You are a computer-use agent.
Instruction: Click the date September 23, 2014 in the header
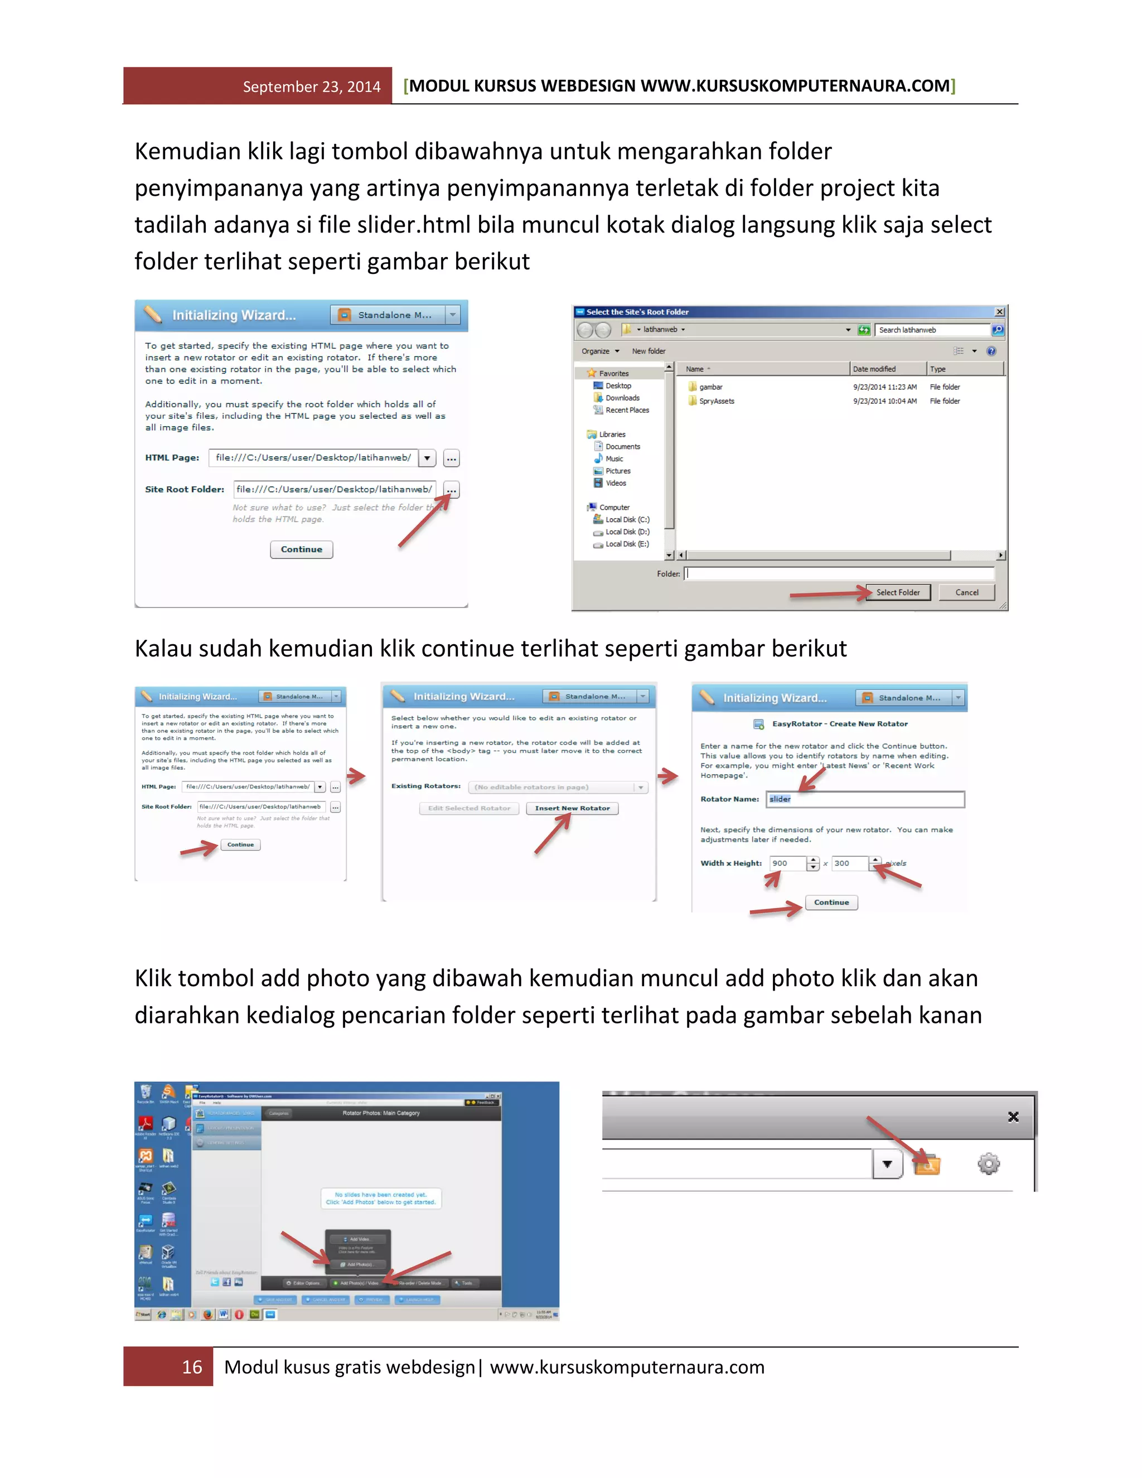point(311,86)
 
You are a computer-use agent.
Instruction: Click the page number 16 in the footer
point(192,1367)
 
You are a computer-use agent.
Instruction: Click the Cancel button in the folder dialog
point(966,592)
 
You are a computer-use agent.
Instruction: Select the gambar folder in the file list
point(710,387)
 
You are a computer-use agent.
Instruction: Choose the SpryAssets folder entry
point(716,402)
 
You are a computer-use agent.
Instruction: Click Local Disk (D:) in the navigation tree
point(626,532)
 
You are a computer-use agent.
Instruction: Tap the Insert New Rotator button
point(572,808)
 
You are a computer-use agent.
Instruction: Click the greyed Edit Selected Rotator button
point(469,808)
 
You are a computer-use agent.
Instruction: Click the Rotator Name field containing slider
point(865,799)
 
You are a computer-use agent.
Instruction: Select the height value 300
point(847,863)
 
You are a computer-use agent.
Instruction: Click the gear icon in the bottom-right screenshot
point(989,1164)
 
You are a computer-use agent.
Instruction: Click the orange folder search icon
point(927,1165)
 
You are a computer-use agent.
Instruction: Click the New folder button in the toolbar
point(648,351)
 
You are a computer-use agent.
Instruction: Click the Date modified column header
point(874,369)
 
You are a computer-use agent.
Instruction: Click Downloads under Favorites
point(622,398)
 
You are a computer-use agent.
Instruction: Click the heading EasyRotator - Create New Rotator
point(840,723)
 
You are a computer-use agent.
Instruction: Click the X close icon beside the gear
point(1013,1117)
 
